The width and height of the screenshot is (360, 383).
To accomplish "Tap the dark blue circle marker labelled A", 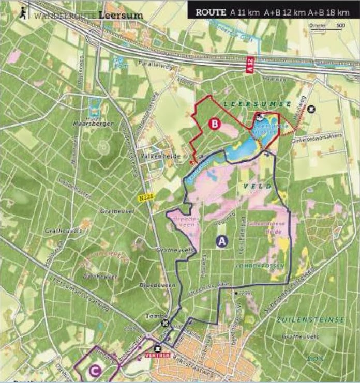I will point(222,241).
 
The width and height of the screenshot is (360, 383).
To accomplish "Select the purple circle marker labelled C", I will point(94,370).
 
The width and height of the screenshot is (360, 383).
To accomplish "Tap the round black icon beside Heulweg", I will point(311,109).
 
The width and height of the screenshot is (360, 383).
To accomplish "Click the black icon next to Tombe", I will point(165,324).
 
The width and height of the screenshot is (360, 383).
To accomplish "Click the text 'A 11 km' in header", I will point(242,12).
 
